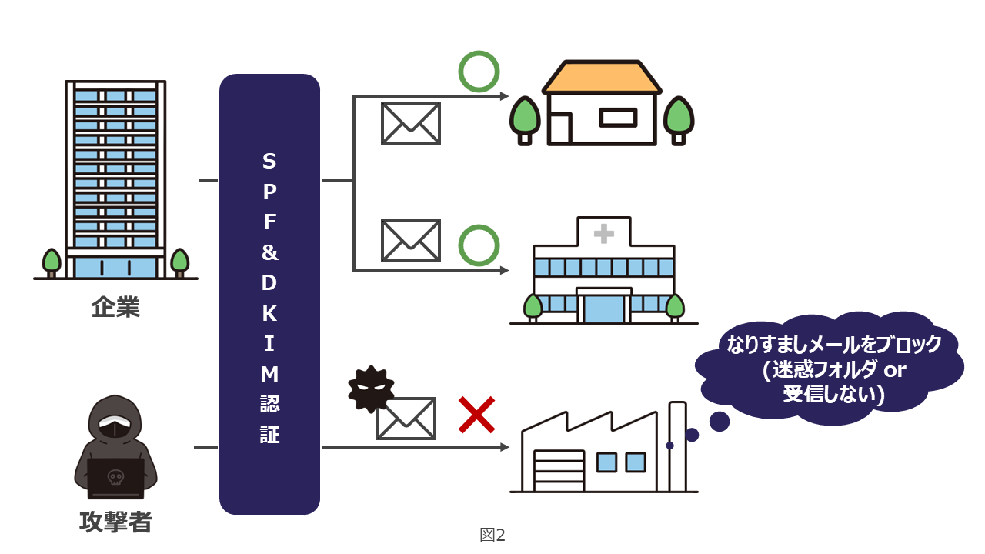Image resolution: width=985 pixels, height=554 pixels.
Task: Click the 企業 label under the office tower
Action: click(115, 309)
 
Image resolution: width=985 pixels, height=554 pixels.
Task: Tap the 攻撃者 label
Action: click(115, 522)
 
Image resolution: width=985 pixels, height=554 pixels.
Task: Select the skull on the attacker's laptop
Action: click(115, 478)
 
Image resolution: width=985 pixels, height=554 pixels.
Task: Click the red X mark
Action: click(476, 415)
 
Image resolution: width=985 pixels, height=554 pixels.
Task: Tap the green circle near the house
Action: click(479, 72)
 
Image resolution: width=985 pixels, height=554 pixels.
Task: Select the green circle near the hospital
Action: click(479, 245)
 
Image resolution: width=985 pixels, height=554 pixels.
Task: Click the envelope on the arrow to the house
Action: click(411, 123)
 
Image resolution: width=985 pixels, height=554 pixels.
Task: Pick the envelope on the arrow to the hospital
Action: click(411, 240)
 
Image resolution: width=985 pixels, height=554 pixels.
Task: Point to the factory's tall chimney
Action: click(677, 446)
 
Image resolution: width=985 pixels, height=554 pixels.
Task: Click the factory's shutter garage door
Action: click(558, 471)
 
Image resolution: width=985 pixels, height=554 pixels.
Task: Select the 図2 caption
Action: click(492, 535)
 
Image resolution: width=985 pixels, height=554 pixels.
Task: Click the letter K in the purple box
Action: click(269, 314)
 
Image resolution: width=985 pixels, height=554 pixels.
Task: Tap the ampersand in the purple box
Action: click(269, 252)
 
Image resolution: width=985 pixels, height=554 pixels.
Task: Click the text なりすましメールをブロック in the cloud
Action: click(834, 345)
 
